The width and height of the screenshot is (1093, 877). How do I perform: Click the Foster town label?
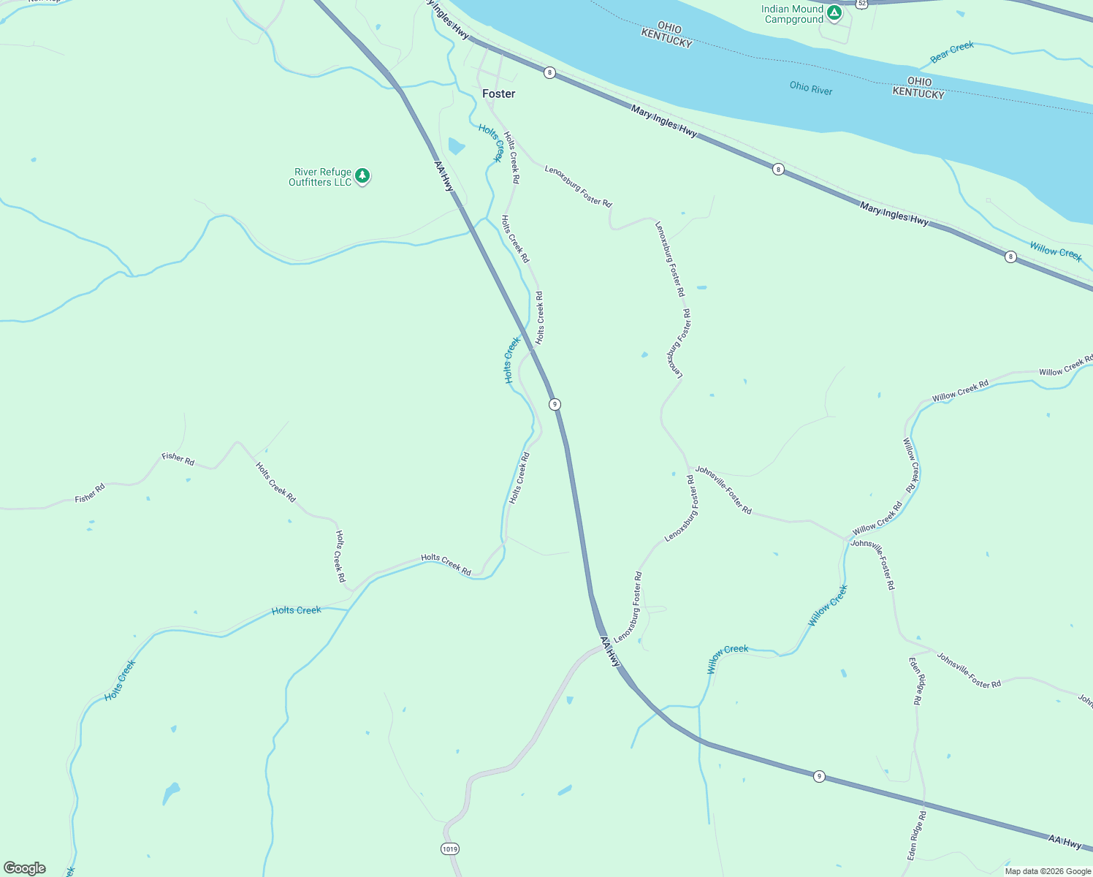[x=498, y=94]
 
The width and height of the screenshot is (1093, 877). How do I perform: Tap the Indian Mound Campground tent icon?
[x=834, y=12]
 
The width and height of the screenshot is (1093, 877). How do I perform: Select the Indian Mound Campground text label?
[x=793, y=15]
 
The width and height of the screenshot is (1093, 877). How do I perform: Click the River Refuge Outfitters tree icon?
[x=362, y=175]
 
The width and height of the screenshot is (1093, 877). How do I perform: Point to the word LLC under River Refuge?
[x=343, y=182]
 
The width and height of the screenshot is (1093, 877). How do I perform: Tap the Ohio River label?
[x=810, y=88]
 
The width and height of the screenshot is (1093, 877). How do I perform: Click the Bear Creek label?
[x=951, y=52]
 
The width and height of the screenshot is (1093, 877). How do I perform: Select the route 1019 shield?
[x=450, y=848]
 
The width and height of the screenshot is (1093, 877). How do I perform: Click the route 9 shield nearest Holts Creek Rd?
[x=555, y=404]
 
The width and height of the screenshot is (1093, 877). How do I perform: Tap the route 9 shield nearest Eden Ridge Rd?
[x=819, y=776]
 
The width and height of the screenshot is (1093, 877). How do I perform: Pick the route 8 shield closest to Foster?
[x=549, y=72]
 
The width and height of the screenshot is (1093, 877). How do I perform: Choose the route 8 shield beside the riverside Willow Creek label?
[x=1010, y=257]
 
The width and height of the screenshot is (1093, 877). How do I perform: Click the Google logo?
[x=25, y=867]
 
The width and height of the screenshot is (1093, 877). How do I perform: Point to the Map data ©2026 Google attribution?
[x=1048, y=871]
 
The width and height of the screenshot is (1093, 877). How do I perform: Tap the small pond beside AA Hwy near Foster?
[x=456, y=146]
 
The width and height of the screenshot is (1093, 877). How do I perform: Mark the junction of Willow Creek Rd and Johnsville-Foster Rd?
[x=848, y=539]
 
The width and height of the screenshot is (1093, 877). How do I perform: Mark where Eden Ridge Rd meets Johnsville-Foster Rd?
[x=932, y=650]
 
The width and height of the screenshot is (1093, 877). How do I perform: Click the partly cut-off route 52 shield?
[x=862, y=3]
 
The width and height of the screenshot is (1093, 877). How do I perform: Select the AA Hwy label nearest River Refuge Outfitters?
[x=444, y=176]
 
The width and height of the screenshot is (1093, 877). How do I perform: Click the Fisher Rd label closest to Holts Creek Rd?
[x=178, y=459]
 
